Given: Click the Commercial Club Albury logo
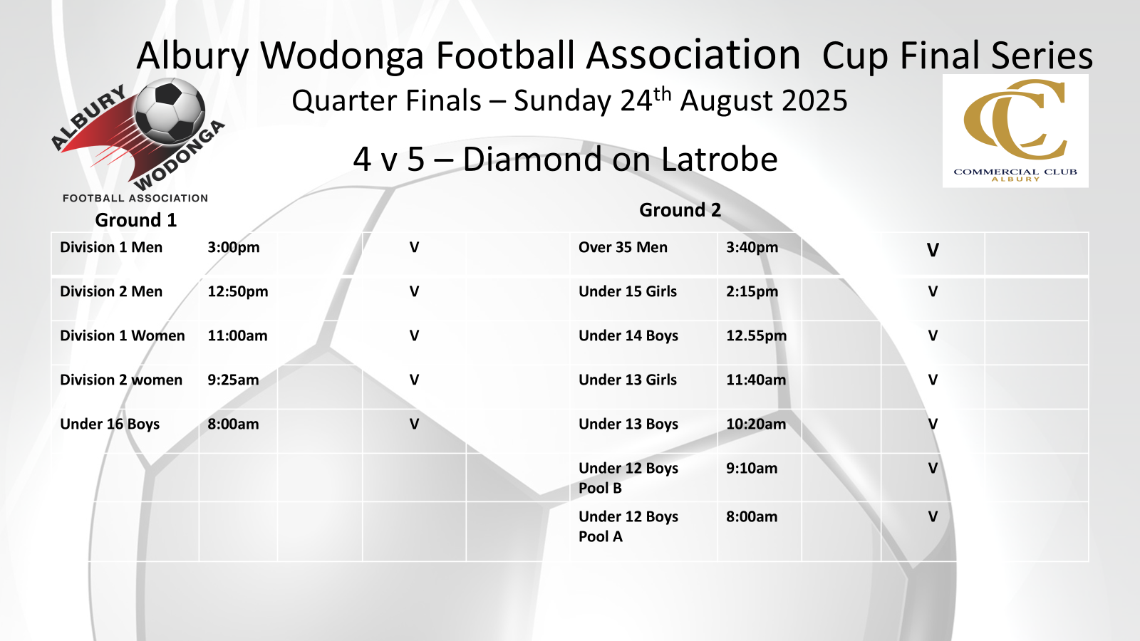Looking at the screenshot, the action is point(1015,131).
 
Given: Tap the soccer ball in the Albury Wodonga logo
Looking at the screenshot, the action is point(170,111).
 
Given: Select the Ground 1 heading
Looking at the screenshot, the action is point(136,220).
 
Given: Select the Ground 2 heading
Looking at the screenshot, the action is point(680,210).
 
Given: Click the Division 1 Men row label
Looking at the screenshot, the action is point(111,247).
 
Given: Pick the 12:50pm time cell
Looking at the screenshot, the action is point(238,291).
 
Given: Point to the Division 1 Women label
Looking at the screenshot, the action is point(122,335).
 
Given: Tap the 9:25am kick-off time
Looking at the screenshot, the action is point(233,380).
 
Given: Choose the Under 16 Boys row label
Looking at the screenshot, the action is point(110,424).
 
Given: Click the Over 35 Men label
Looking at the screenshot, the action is point(623,247).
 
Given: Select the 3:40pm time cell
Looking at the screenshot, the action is point(752,247).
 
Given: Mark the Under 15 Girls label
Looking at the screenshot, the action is point(628,291).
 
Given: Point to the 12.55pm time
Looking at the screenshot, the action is point(756,335).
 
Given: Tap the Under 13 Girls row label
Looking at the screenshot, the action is point(628,380).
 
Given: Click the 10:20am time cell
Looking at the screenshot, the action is point(756,424).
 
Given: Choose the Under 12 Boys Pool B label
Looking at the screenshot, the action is point(628,478).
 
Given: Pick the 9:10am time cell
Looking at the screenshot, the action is point(752,469).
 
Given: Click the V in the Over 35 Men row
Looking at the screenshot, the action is point(933,250).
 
